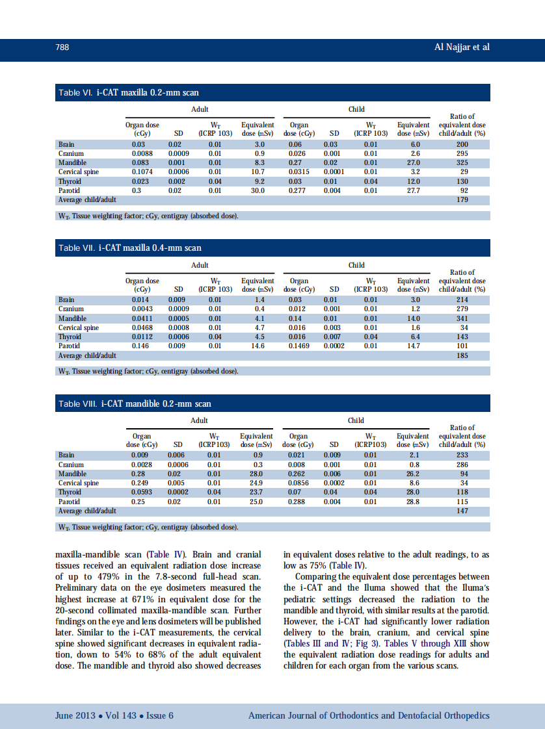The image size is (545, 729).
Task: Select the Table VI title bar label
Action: (x=129, y=93)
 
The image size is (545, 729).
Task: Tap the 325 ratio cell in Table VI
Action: (x=462, y=163)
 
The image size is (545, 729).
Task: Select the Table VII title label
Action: (x=130, y=248)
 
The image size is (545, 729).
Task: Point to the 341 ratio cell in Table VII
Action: (x=462, y=318)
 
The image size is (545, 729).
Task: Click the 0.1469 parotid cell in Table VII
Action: (x=299, y=346)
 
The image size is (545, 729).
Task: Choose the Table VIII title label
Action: (x=135, y=403)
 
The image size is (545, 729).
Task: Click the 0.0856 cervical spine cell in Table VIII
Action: (x=299, y=483)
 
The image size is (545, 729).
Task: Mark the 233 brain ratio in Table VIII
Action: (x=462, y=455)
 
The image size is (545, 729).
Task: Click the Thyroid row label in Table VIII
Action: (x=70, y=492)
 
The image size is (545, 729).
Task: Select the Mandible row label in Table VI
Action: (x=72, y=163)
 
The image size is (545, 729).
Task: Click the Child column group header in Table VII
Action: (x=356, y=265)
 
